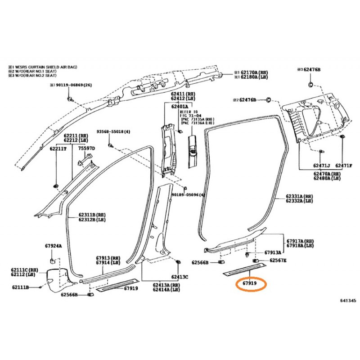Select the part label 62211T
(58, 148)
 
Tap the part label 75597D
(86, 148)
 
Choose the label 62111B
(20, 287)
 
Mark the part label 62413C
(180, 277)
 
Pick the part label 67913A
(273, 252)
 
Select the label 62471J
(322, 166)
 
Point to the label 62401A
(180, 106)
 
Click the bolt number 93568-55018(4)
(113, 132)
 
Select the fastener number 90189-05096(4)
(188, 195)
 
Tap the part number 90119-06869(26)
(72, 85)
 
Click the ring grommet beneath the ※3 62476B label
(311, 85)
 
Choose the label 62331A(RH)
(299, 197)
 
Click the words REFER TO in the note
(189, 111)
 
